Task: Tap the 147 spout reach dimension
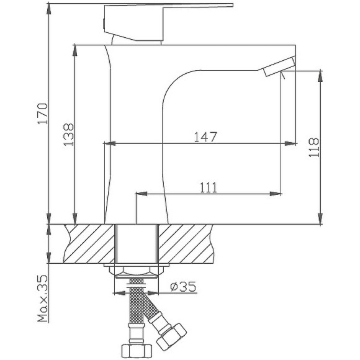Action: click(x=205, y=137)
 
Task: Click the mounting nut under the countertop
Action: click(x=136, y=271)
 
